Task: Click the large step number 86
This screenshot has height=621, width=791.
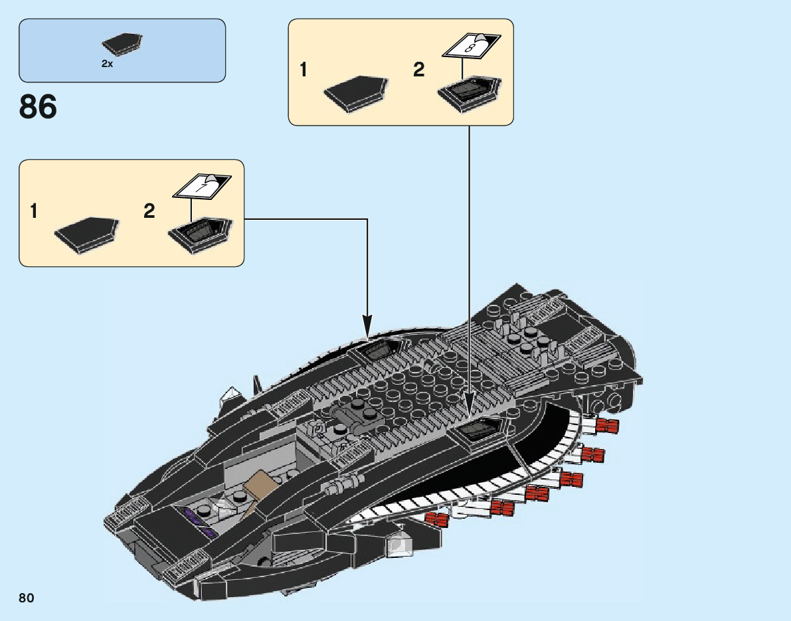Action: [39, 106]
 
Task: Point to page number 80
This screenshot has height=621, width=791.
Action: [27, 598]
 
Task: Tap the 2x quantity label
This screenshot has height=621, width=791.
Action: [107, 64]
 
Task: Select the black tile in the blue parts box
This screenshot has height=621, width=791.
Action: [123, 44]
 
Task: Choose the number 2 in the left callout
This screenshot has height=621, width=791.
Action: [149, 211]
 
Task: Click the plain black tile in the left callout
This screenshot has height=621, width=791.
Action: [87, 234]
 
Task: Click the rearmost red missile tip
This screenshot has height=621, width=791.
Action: [608, 426]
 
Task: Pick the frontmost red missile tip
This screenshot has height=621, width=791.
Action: [436, 520]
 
